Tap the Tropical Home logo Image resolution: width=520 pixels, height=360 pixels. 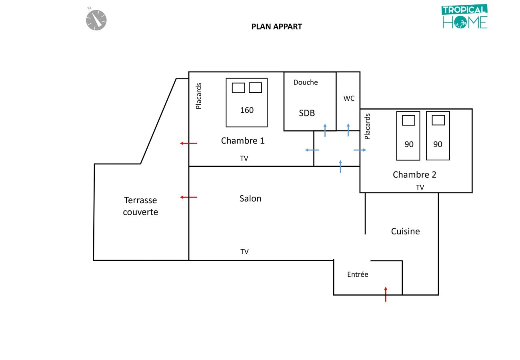[465, 17]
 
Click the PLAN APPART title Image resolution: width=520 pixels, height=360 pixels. [276, 27]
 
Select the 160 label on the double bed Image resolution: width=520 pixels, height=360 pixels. [247, 110]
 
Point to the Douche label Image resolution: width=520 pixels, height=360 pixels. [306, 82]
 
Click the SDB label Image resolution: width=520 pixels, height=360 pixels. [307, 113]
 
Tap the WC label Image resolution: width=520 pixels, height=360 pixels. [349, 98]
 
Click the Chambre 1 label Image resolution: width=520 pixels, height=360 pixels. [243, 141]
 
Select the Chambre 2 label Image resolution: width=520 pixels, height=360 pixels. [414, 175]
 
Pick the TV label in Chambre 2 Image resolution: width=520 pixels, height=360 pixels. [420, 187]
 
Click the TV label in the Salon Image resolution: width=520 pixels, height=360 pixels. [244, 252]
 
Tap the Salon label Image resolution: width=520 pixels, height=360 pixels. [250, 198]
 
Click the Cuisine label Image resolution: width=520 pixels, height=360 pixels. [405, 231]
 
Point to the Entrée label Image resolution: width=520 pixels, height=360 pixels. [357, 274]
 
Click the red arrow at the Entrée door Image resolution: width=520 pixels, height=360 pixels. [386, 294]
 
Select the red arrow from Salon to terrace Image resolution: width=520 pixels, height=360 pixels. [188, 197]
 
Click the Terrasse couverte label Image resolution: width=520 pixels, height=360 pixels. [140, 206]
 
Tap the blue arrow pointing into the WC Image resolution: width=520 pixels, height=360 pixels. [348, 130]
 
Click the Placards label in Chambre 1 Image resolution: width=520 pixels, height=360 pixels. [199, 96]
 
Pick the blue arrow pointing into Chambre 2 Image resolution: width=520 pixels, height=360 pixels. [360, 150]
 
